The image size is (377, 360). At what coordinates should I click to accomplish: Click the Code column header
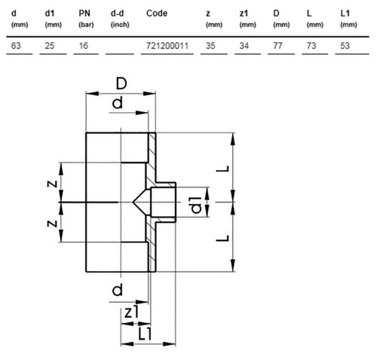pos(157,14)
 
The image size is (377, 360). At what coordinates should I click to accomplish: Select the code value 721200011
pos(167,46)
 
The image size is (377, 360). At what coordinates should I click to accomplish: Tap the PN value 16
pos(84,46)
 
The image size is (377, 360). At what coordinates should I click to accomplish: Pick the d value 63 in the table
pos(16,46)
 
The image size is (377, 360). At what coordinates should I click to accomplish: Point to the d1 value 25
pos(50,46)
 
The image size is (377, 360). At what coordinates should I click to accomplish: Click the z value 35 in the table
pos(210,46)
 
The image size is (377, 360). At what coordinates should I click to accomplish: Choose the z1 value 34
pos(244,46)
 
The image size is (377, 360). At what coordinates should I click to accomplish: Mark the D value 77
pos(277,46)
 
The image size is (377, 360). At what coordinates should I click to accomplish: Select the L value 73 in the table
pos(311,46)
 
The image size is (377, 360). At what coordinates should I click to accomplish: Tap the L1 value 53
pos(345,46)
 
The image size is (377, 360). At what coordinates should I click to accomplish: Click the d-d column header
pos(118,14)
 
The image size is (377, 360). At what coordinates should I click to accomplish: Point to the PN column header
pos(84,14)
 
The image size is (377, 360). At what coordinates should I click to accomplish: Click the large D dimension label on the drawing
pos(121,84)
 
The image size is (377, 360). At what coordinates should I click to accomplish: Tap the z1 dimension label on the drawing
pos(131,312)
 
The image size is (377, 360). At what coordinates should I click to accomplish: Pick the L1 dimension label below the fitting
pos(145,334)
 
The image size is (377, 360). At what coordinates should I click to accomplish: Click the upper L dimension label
pos(223,169)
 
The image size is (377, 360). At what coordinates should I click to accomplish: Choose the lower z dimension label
pos(52,223)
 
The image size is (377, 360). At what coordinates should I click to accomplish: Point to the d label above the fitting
pos(118,103)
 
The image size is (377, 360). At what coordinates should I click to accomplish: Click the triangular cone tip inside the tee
pos(133,202)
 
